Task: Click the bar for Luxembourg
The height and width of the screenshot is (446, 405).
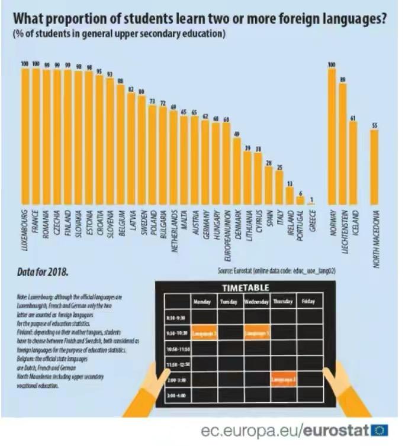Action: [x=25, y=136]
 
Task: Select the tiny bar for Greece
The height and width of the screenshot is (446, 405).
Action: [x=311, y=203]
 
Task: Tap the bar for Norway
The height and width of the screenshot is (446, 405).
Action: [x=332, y=136]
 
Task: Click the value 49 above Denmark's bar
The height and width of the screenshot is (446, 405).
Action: [x=237, y=134]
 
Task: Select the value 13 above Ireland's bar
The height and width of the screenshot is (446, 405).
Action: [x=290, y=183]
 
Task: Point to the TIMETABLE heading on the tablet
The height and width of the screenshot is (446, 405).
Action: [x=246, y=287]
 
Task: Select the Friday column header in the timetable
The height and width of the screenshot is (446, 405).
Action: [x=308, y=301]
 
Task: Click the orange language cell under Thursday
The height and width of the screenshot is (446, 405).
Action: [x=283, y=379]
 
